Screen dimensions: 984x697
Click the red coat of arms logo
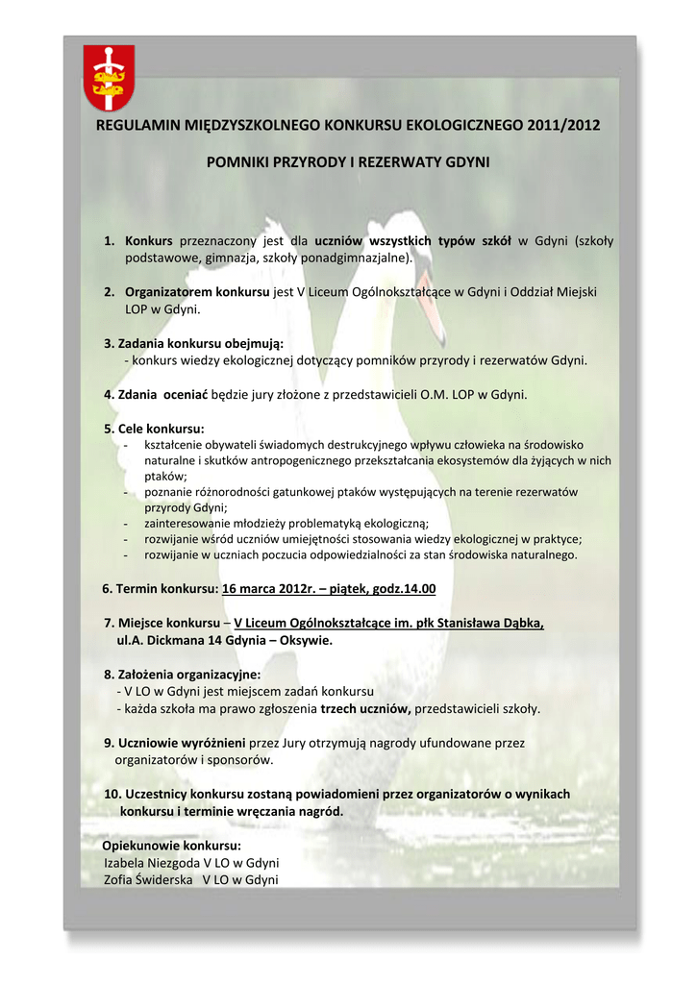(x=109, y=78)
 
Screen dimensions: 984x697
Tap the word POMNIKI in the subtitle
(x=238, y=162)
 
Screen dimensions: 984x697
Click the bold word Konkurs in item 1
(x=149, y=241)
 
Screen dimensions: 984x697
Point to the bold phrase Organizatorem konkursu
(x=197, y=291)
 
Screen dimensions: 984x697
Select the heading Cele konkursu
(x=161, y=428)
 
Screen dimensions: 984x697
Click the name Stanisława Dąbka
(x=490, y=623)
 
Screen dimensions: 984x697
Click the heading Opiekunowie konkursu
(x=172, y=846)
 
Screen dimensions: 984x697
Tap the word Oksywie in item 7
(x=305, y=640)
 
